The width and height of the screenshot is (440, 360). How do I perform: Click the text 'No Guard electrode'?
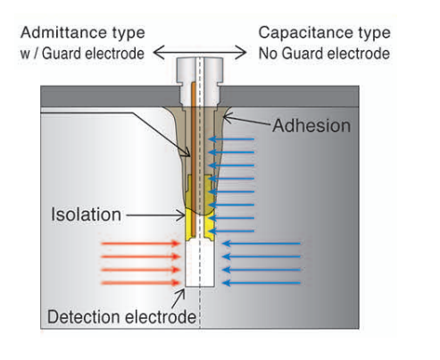tap(324, 54)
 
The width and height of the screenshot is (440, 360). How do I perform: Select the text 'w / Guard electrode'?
tap(82, 54)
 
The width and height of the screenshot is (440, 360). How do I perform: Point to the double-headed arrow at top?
tap(200, 53)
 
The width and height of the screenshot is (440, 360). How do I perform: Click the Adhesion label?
tap(311, 125)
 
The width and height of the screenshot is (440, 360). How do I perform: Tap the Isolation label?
tap(86, 214)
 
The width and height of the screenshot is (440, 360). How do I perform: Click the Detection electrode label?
tap(121, 316)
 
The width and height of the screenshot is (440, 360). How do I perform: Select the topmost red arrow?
tap(140, 244)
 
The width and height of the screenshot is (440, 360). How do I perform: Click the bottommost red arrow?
tap(140, 283)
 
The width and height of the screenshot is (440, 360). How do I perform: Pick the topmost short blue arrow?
tap(231, 139)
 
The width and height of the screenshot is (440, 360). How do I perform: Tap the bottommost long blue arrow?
tap(262, 283)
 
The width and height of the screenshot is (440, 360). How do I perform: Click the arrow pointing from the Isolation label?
tap(155, 214)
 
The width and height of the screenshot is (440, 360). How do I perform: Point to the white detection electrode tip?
tap(200, 264)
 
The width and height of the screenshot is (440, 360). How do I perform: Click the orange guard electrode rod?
tap(193, 158)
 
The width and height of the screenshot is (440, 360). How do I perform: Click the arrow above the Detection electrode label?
tap(178, 298)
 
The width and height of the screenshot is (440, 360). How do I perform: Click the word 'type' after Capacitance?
tap(374, 33)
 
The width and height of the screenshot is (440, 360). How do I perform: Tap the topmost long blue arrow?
tap(262, 244)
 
